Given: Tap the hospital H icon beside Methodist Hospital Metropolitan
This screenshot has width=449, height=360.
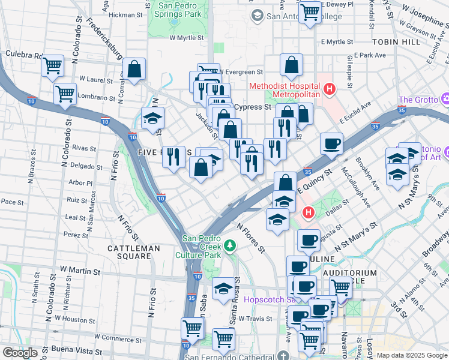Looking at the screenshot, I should [329, 90].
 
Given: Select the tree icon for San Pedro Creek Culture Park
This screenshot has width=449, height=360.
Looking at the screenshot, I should [229, 245].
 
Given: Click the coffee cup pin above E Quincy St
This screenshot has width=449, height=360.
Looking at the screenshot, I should [331, 143].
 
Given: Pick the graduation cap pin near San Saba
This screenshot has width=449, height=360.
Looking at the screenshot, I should [223, 289].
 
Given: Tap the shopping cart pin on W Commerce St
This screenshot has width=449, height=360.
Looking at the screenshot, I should [193, 328].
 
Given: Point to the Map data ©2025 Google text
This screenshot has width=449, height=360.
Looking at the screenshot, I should [411, 355].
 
